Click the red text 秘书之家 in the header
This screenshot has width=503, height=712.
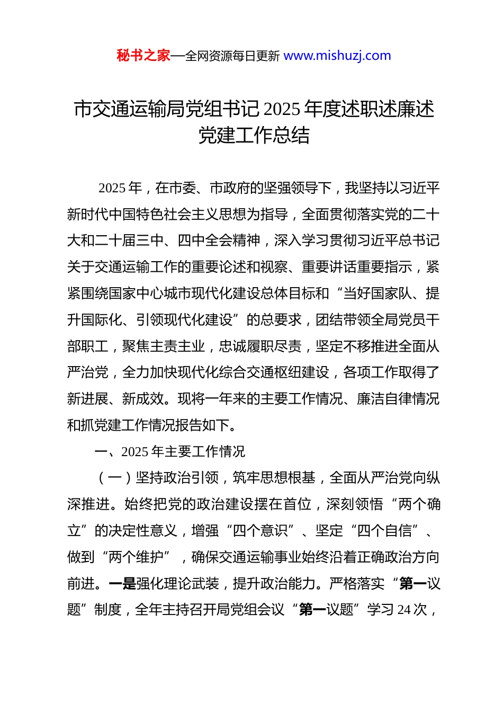click(143, 56)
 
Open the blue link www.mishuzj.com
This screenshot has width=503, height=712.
click(337, 56)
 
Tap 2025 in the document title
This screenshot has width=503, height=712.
click(282, 109)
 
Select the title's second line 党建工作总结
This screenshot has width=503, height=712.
click(254, 136)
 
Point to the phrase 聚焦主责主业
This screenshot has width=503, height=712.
click(164, 346)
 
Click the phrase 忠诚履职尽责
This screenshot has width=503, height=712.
click(260, 346)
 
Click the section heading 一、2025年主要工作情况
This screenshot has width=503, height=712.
click(169, 451)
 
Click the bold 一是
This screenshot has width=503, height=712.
click(122, 584)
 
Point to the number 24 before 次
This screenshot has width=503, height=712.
click(404, 610)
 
